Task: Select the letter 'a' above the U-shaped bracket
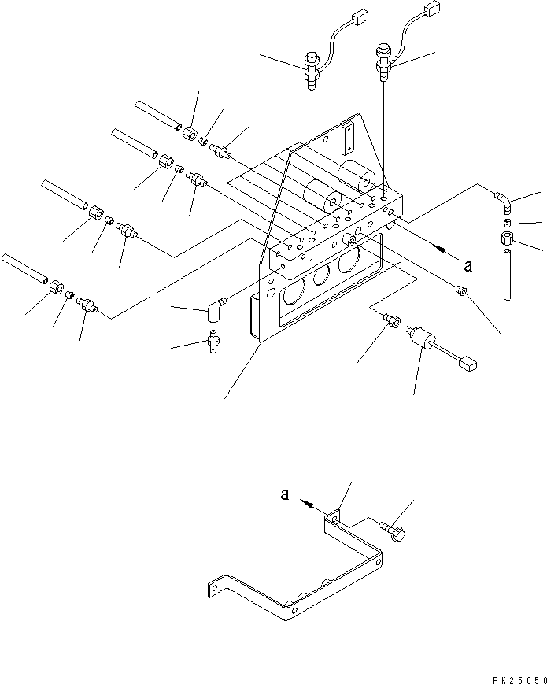pos(285,496)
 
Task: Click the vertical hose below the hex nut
pos(508,272)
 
